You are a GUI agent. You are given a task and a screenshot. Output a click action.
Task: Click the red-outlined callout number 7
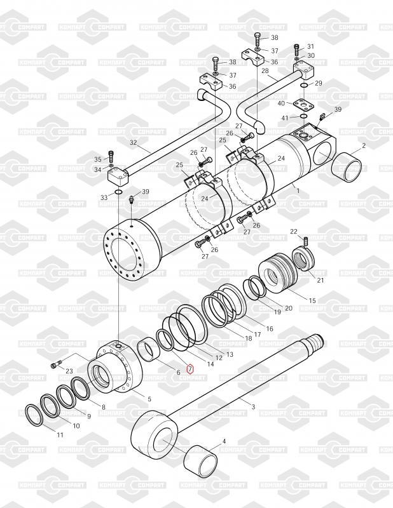(x=190, y=368)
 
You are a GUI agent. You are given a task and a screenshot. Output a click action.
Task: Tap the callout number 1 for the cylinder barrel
(x=298, y=191)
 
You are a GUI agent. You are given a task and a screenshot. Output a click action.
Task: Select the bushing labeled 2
(x=347, y=167)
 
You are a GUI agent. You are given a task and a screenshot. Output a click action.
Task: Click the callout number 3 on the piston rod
(x=254, y=406)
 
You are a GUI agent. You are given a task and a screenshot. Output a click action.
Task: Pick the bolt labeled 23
(x=56, y=365)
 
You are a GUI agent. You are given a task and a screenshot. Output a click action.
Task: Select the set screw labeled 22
(x=305, y=241)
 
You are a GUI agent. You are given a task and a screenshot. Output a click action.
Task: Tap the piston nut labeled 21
(x=303, y=260)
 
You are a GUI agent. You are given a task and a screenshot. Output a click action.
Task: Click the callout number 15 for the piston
(x=312, y=300)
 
